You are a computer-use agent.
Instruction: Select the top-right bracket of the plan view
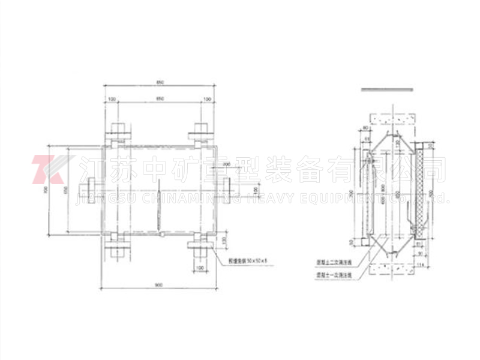[200, 131]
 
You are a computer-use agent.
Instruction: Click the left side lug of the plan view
[90, 188]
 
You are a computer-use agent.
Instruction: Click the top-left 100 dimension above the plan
[112, 99]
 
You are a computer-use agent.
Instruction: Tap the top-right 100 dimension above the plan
[208, 99]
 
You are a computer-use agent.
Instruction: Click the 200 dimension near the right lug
[226, 164]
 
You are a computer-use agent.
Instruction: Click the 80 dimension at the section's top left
[364, 128]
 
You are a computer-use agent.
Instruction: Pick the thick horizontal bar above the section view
[388, 88]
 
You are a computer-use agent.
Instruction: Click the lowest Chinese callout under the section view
[337, 274]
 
